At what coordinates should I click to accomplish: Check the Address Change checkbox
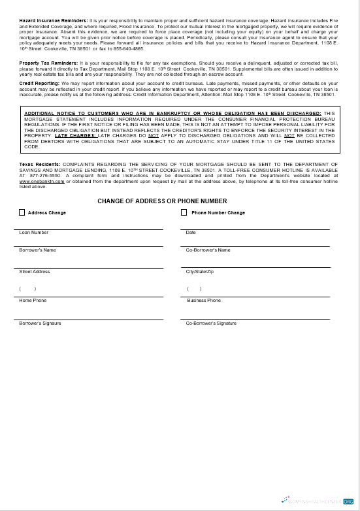tap(22, 212)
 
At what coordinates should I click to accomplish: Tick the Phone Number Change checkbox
tap(184, 212)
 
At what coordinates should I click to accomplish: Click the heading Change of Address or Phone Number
tap(162, 201)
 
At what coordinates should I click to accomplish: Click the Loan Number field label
tap(34, 233)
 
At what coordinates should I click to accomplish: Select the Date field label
tap(191, 233)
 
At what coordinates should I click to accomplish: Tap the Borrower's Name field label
tap(38, 250)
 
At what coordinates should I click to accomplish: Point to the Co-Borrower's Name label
tap(208, 250)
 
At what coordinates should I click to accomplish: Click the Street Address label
tap(35, 272)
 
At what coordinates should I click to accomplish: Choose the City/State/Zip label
tap(199, 272)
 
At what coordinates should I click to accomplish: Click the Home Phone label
tap(33, 301)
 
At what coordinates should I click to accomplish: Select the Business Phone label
tap(204, 301)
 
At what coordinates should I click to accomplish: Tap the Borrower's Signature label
tap(41, 323)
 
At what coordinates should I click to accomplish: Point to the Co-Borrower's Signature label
tap(211, 323)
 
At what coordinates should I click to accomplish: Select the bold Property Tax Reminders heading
tap(48, 63)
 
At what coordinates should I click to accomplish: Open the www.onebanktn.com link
tap(42, 181)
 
